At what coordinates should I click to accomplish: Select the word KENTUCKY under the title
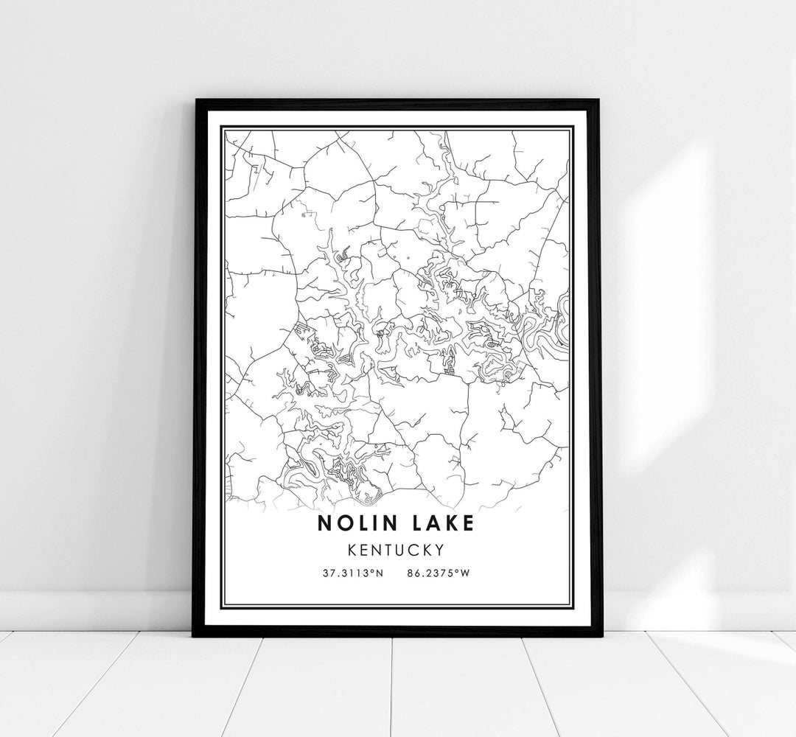coord(398,550)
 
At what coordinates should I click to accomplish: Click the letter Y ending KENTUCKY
coord(439,550)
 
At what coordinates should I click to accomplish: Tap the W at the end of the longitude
coord(465,573)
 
